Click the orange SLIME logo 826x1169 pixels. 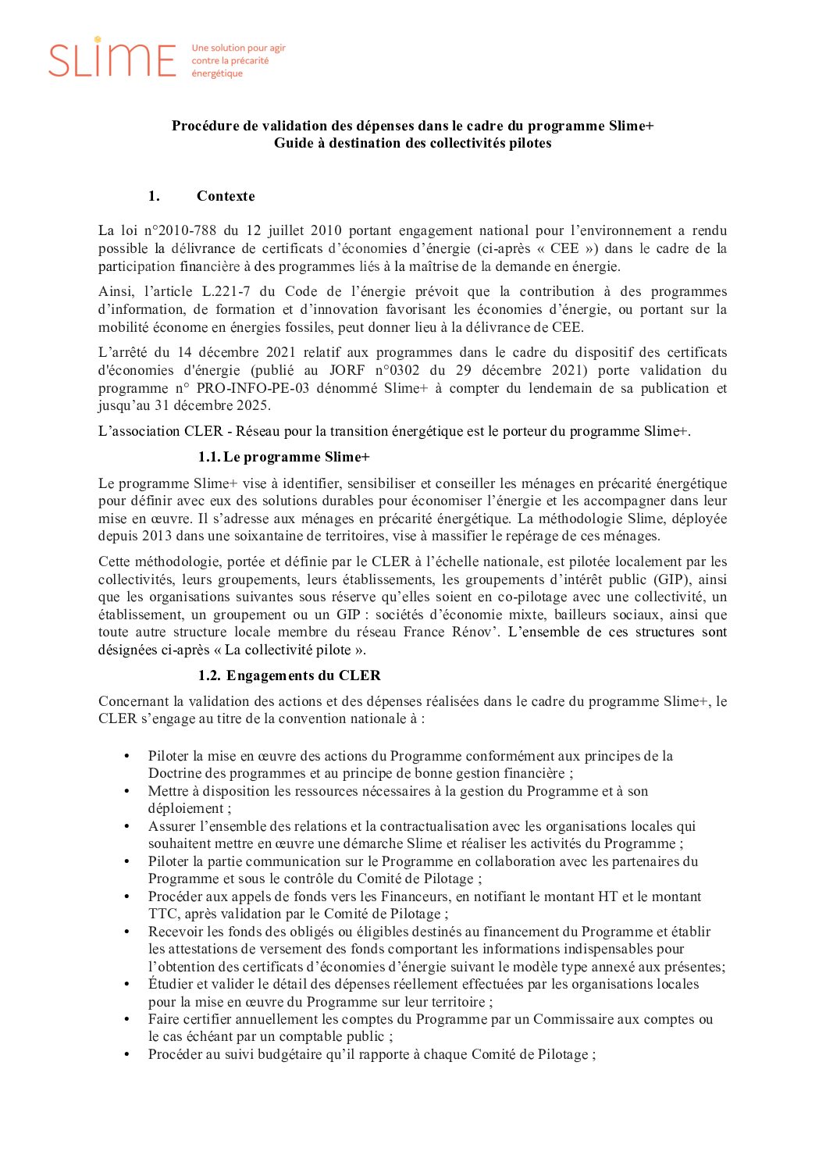click(112, 59)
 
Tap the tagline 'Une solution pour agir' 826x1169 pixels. click(238, 48)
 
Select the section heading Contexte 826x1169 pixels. click(226, 196)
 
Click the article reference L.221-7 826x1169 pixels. click(226, 291)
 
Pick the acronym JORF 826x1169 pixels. click(347, 370)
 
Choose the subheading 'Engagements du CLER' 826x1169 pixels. click(303, 675)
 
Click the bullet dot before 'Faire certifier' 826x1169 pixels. click(127, 1019)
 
